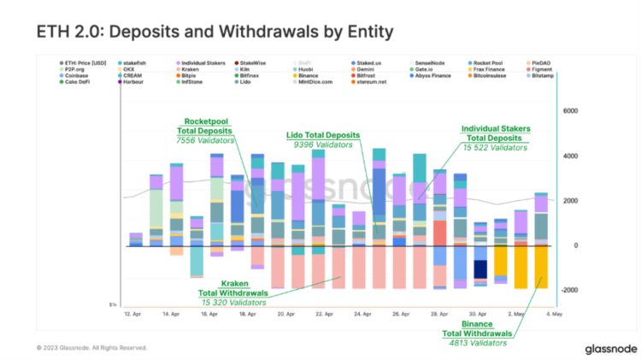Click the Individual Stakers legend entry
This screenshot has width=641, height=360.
205,62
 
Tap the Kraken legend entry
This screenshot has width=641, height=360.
192,69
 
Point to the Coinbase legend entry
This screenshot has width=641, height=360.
77,75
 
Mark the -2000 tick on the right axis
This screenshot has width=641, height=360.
567,291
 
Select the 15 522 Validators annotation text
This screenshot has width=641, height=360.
495,148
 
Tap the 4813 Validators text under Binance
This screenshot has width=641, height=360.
480,342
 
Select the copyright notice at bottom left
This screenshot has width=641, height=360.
92,348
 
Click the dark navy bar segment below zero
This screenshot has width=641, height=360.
480,271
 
